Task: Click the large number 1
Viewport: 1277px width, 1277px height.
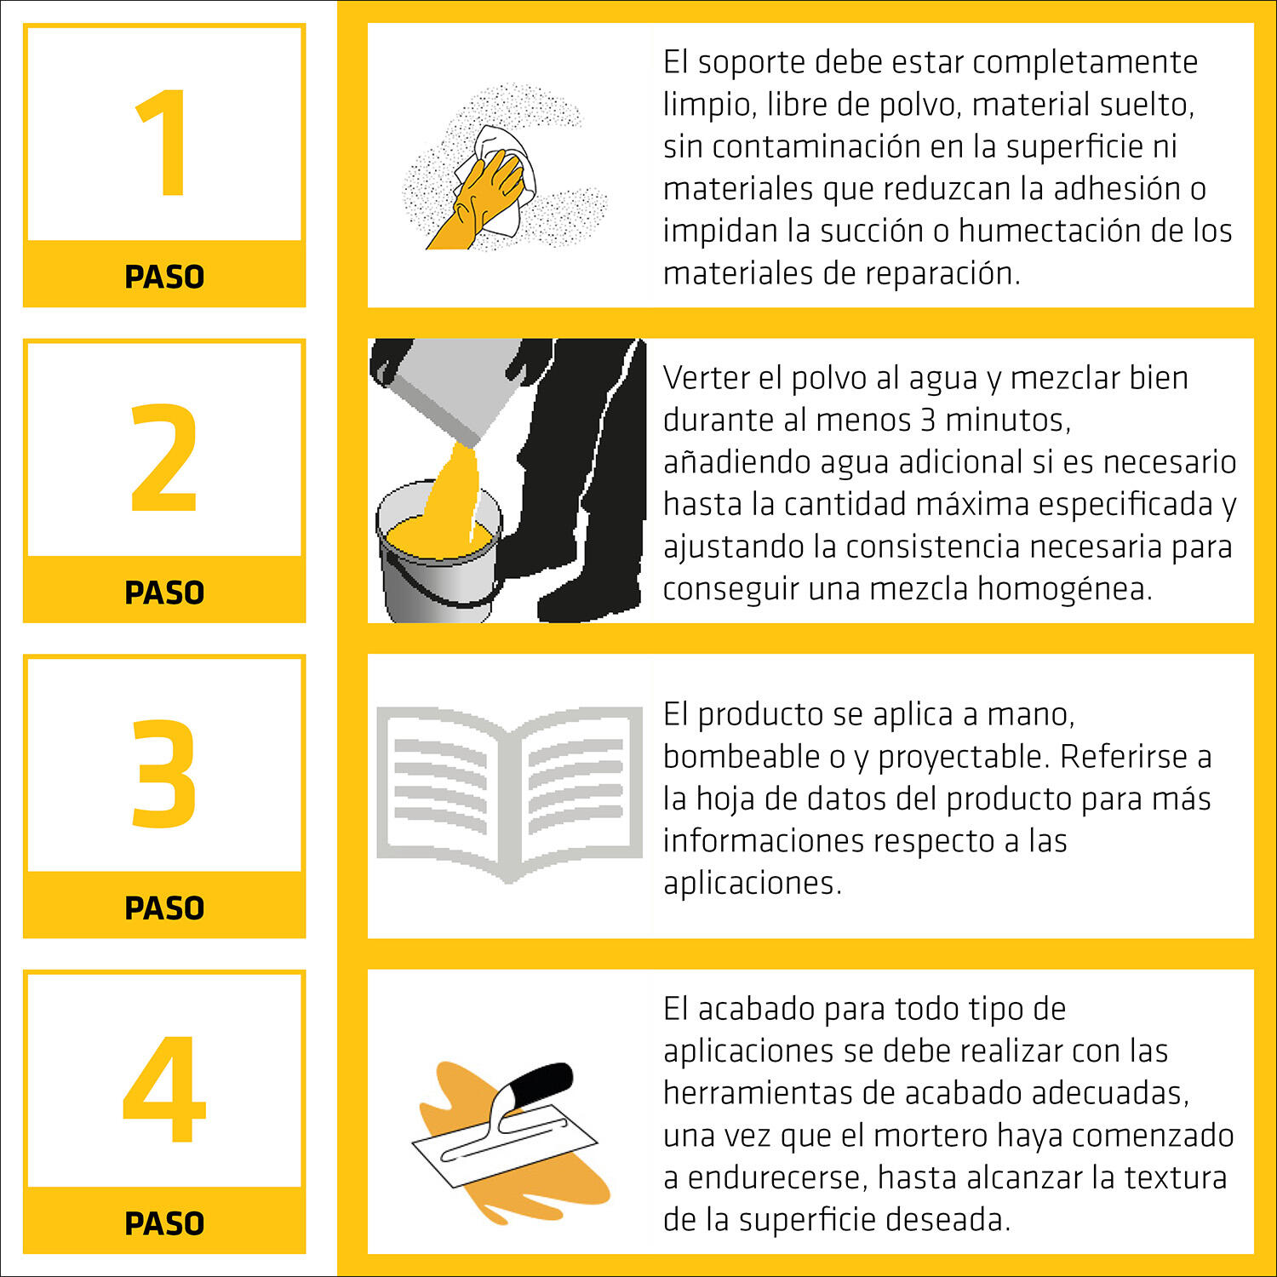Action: coord(163,142)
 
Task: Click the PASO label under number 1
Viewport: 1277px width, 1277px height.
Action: coord(164,277)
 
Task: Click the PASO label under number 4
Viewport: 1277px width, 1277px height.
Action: coord(164,1223)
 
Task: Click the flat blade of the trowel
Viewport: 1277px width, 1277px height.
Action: coord(502,1145)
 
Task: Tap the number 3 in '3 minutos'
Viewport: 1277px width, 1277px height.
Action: coord(928,420)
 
